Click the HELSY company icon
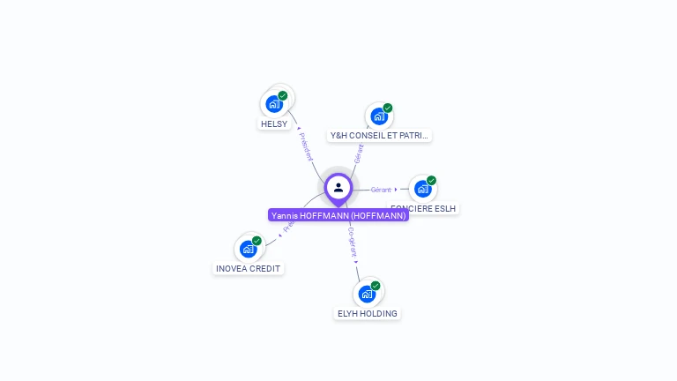click(x=274, y=104)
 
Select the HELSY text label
click(x=274, y=124)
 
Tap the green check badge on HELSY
click(x=283, y=95)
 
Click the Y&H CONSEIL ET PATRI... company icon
click(x=379, y=116)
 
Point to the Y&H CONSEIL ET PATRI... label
click(x=379, y=136)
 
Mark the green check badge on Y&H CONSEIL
click(x=388, y=108)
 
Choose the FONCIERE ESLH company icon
click(x=423, y=189)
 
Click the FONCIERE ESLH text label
click(x=425, y=209)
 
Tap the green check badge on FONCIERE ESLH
click(x=432, y=180)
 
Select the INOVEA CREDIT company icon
click(x=249, y=249)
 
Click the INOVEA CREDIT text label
click(x=249, y=268)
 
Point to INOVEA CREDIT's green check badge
click(x=257, y=240)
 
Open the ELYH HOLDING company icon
click(x=367, y=294)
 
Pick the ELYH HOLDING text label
click(x=368, y=313)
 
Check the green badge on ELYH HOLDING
click(x=376, y=285)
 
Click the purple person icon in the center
click(x=338, y=187)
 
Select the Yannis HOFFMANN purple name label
click(x=338, y=215)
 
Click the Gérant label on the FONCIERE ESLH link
click(x=381, y=190)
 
